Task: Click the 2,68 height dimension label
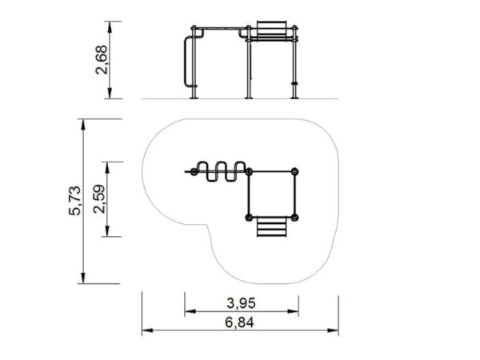coord(102,60)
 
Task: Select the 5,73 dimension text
coord(74,201)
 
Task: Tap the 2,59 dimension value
coord(99,198)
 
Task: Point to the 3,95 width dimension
coord(241,303)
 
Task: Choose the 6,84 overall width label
coord(239,322)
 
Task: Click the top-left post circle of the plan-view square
coord(249,172)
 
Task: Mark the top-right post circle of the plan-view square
coord(294,172)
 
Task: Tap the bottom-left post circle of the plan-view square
coord(249,218)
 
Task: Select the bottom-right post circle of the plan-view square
coord(294,218)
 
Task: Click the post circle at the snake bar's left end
coord(194,172)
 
